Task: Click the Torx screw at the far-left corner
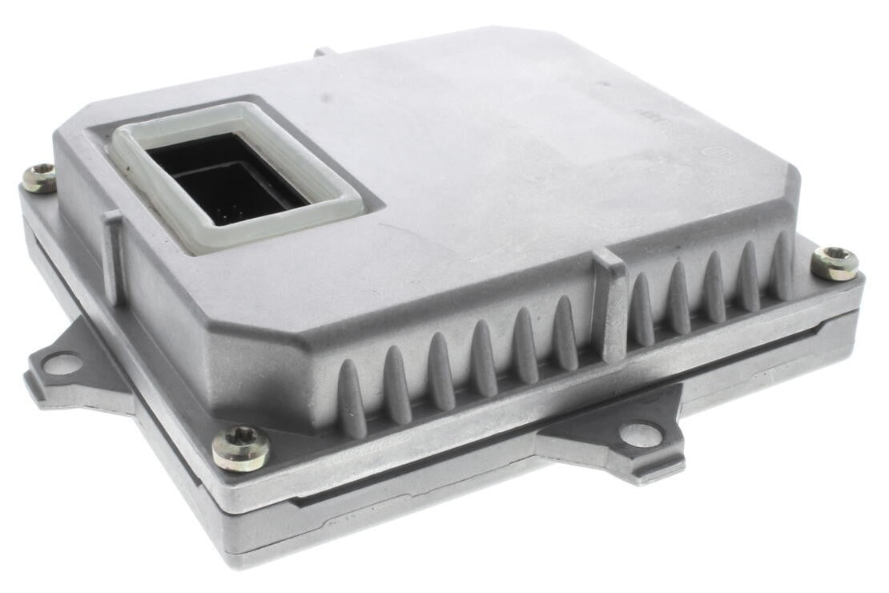point(38,177)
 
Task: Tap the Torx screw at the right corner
point(835,263)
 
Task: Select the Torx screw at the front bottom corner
point(240,447)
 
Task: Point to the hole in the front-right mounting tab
point(641,435)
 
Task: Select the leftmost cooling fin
point(352,397)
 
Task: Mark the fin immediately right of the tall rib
point(641,309)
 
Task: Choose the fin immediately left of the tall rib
point(566,332)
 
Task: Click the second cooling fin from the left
point(397,383)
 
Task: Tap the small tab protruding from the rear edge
point(325,51)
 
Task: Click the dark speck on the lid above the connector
point(325,98)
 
